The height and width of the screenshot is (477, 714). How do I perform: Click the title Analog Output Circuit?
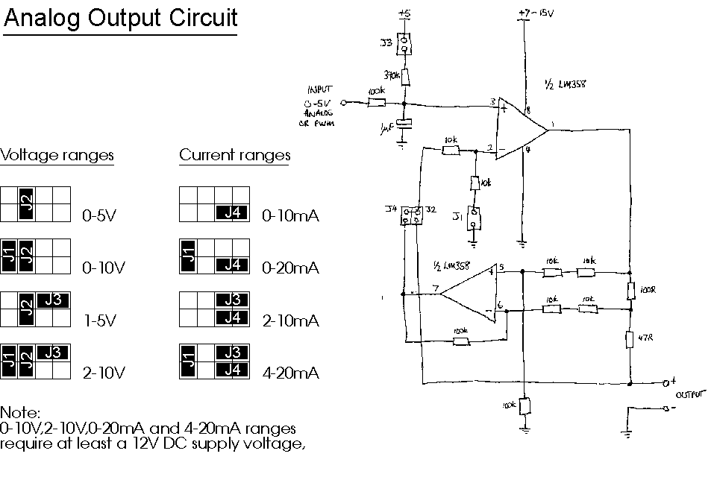pos(120,18)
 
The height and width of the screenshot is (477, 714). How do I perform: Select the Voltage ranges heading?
pos(57,155)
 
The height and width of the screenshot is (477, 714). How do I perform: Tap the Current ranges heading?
pos(235,155)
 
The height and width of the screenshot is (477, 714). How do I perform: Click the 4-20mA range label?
pos(291,373)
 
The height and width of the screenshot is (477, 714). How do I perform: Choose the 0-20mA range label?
pos(291,268)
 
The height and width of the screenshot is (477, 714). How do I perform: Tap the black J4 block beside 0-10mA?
pos(231,212)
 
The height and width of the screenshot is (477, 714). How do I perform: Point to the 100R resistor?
pos(630,288)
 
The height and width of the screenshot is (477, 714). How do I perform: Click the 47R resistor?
pos(630,339)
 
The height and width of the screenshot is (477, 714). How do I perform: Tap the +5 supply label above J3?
pos(404,13)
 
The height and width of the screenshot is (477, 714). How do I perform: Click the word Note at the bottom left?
pos(19,412)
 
